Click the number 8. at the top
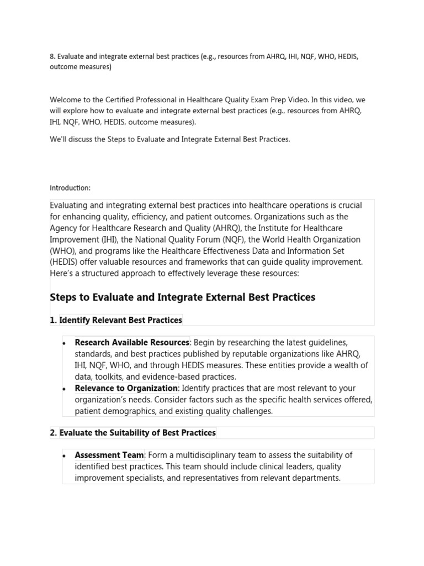[x=52, y=57]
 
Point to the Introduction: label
[x=70, y=188]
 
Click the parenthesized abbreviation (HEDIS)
[x=66, y=263]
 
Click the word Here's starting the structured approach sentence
[x=62, y=274]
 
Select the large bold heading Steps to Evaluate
[x=182, y=297]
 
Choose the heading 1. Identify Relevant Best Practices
[x=116, y=320]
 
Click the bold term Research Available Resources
[x=132, y=343]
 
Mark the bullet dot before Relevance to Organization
[x=65, y=389]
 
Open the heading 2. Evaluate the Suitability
[x=132, y=433]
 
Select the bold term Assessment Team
[x=109, y=455]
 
